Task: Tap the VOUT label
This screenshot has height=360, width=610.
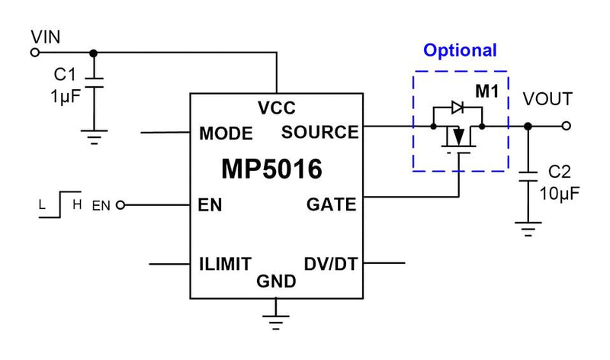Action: point(547,100)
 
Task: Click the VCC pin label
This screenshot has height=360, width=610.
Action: point(276,108)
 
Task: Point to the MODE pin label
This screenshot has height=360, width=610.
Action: point(226,133)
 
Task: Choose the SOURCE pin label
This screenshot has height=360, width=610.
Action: point(320,132)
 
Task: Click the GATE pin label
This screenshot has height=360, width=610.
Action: point(332,204)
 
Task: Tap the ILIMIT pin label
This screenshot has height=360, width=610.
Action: point(225,264)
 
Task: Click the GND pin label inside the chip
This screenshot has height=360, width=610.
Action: point(276,281)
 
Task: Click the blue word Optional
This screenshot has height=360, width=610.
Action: point(460,51)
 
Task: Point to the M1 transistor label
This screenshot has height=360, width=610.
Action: point(486,92)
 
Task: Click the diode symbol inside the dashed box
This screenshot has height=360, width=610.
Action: point(457,108)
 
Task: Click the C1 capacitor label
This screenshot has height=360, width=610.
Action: point(65,76)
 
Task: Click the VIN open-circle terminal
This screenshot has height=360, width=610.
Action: point(34,53)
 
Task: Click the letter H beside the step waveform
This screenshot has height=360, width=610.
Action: point(77,204)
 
